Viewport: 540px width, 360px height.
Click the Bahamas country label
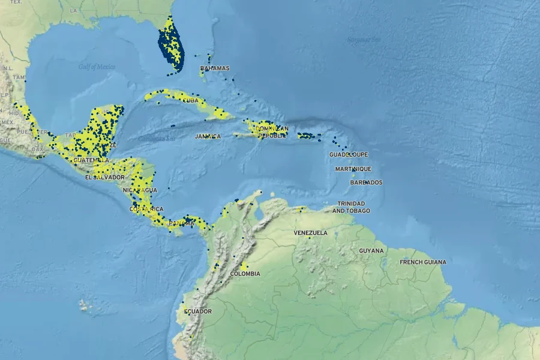coord(215,68)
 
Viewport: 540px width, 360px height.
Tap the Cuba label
coord(190,100)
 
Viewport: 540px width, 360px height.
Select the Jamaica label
coord(208,136)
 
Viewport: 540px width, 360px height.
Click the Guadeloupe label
coord(347,155)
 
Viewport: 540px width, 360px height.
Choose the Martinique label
coord(353,169)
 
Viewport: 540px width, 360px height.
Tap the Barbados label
coord(366,182)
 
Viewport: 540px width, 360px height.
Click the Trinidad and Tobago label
coord(351,207)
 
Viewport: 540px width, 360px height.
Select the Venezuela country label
coord(310,233)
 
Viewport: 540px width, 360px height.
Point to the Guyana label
coord(371,250)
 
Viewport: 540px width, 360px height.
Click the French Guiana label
coord(423,262)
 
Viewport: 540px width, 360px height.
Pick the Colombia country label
coord(245,274)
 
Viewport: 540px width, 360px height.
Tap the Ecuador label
coord(197,311)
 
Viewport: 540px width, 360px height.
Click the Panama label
coord(182,223)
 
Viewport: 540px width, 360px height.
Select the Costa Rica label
coord(146,209)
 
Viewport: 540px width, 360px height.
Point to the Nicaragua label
coord(139,190)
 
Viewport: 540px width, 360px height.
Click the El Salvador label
coord(104,177)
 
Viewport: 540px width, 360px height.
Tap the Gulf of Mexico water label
coord(97,67)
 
